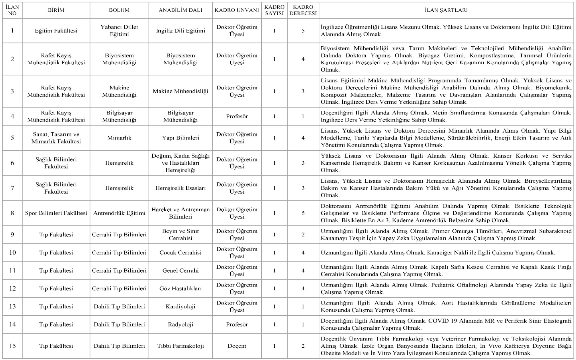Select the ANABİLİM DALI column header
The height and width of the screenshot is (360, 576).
(180, 10)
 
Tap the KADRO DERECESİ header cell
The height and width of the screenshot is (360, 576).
(303, 10)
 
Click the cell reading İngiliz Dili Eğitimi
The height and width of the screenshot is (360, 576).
(180, 31)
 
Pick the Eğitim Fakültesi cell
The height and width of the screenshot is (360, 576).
(56, 31)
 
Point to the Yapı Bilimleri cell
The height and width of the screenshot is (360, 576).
(180, 138)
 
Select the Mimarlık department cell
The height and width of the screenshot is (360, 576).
(119, 138)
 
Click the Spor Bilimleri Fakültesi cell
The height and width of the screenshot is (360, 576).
(56, 213)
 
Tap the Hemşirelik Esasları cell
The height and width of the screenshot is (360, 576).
(180, 188)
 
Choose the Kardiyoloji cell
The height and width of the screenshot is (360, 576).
(180, 307)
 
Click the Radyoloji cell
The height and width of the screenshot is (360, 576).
(180, 324)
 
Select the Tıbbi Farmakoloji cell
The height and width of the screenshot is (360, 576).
(180, 346)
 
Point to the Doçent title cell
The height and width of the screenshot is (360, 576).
(237, 346)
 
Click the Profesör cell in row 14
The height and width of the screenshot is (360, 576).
(237, 324)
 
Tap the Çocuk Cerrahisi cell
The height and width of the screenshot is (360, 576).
(180, 252)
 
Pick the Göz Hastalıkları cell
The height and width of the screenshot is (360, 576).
(180, 289)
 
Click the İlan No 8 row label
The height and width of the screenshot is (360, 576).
(12, 213)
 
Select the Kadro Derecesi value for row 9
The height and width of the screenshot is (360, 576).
(303, 234)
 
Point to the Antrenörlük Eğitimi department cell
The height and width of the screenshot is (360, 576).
(119, 213)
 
